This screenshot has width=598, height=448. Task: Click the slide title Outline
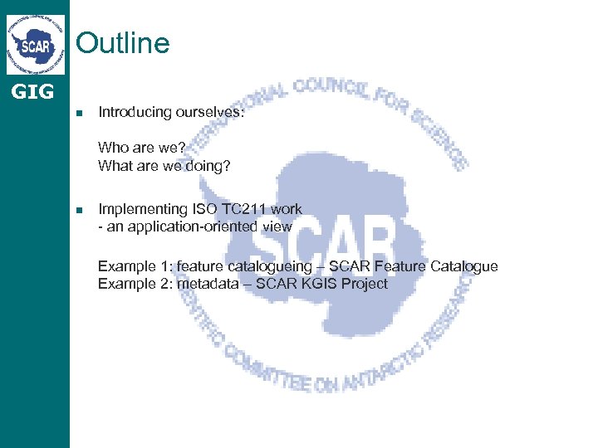click(123, 42)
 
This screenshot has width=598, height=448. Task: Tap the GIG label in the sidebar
click(32, 91)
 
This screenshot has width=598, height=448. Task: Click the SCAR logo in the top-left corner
click(36, 44)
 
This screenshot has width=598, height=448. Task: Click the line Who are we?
click(142, 148)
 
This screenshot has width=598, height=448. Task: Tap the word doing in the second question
click(210, 166)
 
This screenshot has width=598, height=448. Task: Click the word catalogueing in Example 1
click(273, 266)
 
